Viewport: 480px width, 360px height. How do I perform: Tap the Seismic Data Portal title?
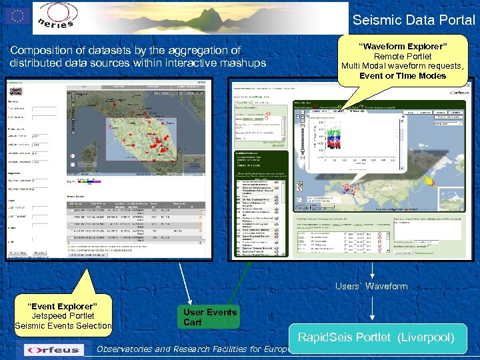(413, 20)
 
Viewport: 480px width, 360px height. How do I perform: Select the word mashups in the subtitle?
(243, 63)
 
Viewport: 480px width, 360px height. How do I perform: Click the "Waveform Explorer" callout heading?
(403, 47)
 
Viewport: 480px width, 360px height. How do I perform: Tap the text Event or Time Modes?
(403, 75)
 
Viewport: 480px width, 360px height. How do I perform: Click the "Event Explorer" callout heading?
(63, 306)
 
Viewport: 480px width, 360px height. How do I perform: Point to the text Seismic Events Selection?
(63, 325)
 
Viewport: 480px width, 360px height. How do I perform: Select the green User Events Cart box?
(210, 317)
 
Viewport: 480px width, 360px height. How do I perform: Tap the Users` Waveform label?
(371, 286)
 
